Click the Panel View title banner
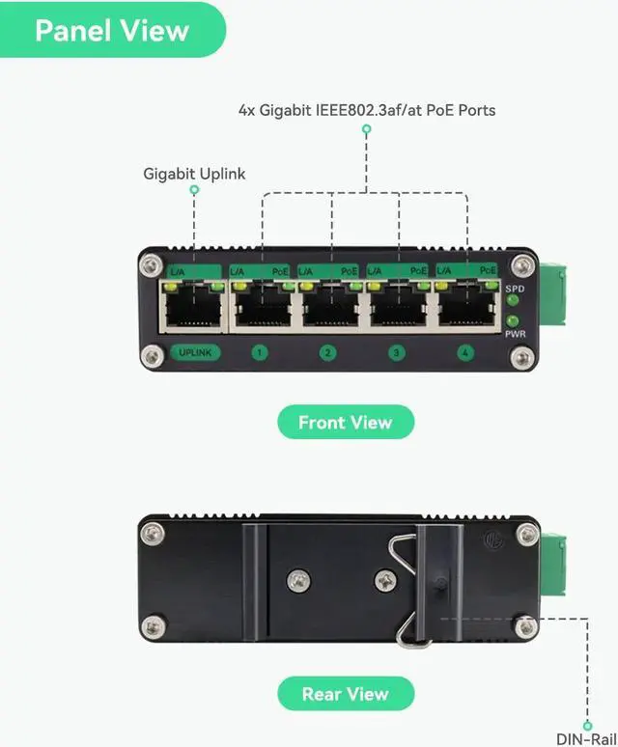coord(112,30)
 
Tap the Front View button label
coord(345,422)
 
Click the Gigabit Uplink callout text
coord(194,174)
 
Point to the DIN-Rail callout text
coord(584,739)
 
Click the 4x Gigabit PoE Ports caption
coord(367,110)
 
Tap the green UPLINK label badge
coord(195,352)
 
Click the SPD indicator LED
coord(513,301)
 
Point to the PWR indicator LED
coord(513,321)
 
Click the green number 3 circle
coord(396,353)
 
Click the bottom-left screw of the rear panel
coord(153,626)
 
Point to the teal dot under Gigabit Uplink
coord(194,190)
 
